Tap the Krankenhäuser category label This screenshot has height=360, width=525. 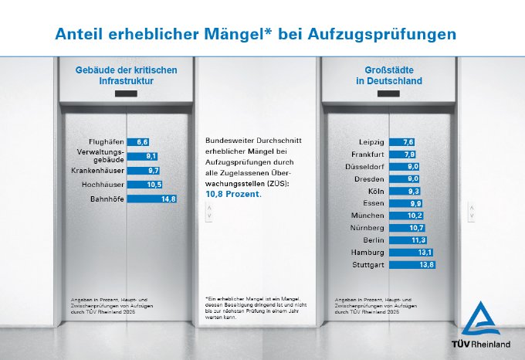click(x=98, y=170)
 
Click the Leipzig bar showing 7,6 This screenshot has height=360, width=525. click(x=402, y=142)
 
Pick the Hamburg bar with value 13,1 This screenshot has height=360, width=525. click(x=412, y=253)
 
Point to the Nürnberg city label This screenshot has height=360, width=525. click(x=367, y=228)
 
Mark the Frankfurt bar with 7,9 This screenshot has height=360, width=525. click(x=403, y=155)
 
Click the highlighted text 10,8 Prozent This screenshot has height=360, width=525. click(x=233, y=195)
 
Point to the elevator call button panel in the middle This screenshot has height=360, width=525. click(x=208, y=215)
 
